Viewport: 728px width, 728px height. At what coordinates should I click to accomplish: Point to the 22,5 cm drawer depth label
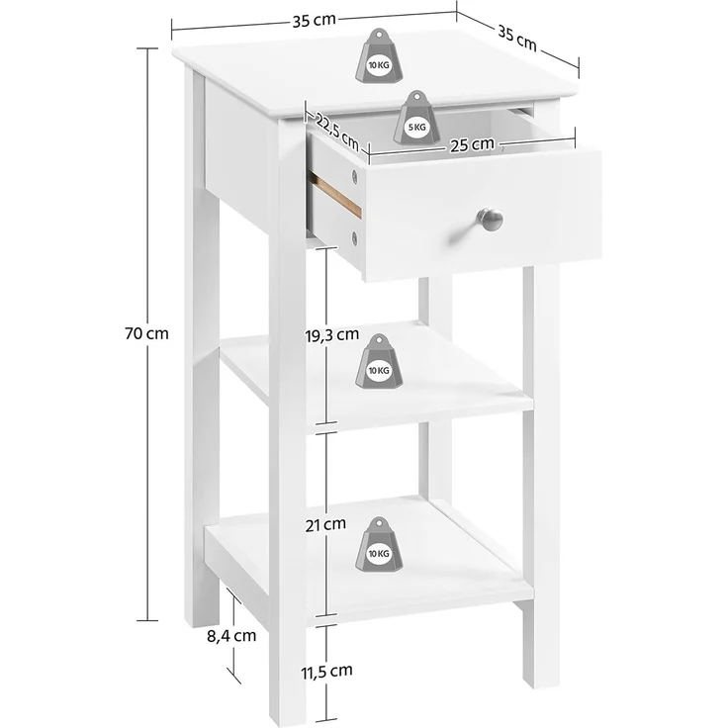pos(337,130)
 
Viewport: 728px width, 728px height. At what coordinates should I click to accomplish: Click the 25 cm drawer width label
pos(471,143)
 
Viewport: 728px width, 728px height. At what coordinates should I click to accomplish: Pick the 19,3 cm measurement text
pos(331,334)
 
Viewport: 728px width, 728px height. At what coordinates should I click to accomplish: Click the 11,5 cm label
pos(326,672)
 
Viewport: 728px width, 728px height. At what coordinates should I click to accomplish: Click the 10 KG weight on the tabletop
pos(378,54)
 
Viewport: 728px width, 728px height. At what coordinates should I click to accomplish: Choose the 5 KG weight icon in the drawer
pos(415,116)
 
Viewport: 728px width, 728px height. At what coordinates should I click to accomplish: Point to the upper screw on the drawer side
pos(354,178)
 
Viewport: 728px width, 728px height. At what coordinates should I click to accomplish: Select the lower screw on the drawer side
pos(355,236)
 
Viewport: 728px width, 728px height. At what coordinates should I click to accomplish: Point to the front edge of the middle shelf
pos(425,415)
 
